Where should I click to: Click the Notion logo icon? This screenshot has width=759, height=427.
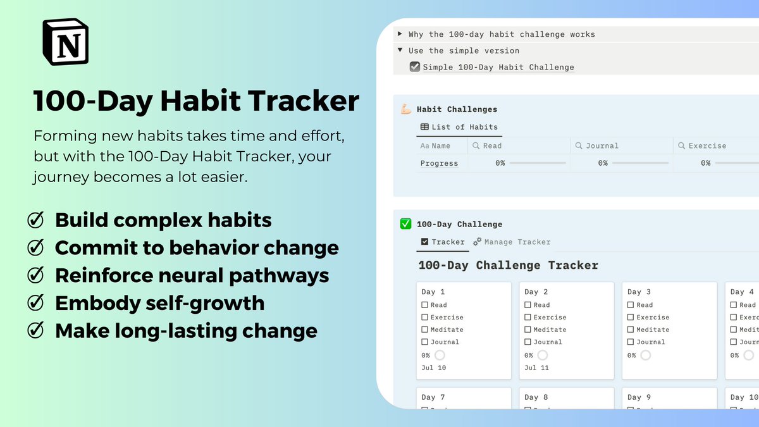point(66,42)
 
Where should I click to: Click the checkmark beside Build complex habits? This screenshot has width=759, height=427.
point(36,220)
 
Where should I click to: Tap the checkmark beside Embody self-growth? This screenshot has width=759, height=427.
point(36,303)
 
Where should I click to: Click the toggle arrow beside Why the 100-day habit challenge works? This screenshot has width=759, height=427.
point(400,34)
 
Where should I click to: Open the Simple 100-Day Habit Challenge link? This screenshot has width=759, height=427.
point(498,67)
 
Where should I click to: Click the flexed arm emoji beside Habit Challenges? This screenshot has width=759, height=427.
point(406,109)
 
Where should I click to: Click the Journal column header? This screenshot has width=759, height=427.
point(602,145)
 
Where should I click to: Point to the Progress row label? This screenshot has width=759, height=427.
point(439,163)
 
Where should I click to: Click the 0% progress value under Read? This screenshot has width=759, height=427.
point(500,163)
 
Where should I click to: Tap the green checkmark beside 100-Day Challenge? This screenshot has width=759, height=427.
point(406,224)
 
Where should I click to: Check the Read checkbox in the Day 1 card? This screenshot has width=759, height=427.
point(425,305)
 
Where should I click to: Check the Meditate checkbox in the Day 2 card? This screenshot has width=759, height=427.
point(528,330)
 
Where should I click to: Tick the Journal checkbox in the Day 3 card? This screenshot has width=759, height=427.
point(631,342)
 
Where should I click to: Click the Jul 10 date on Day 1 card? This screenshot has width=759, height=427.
point(433,368)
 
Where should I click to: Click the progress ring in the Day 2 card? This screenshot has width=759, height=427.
point(543,355)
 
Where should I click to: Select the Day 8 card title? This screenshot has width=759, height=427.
point(536,397)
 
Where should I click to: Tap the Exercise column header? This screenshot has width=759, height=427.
point(707,145)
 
